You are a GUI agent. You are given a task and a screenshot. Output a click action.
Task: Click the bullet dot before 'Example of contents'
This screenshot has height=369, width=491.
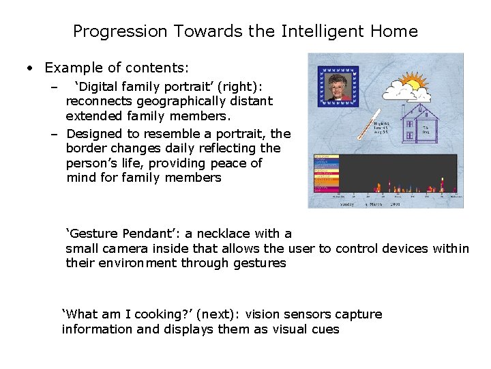tap(30, 68)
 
